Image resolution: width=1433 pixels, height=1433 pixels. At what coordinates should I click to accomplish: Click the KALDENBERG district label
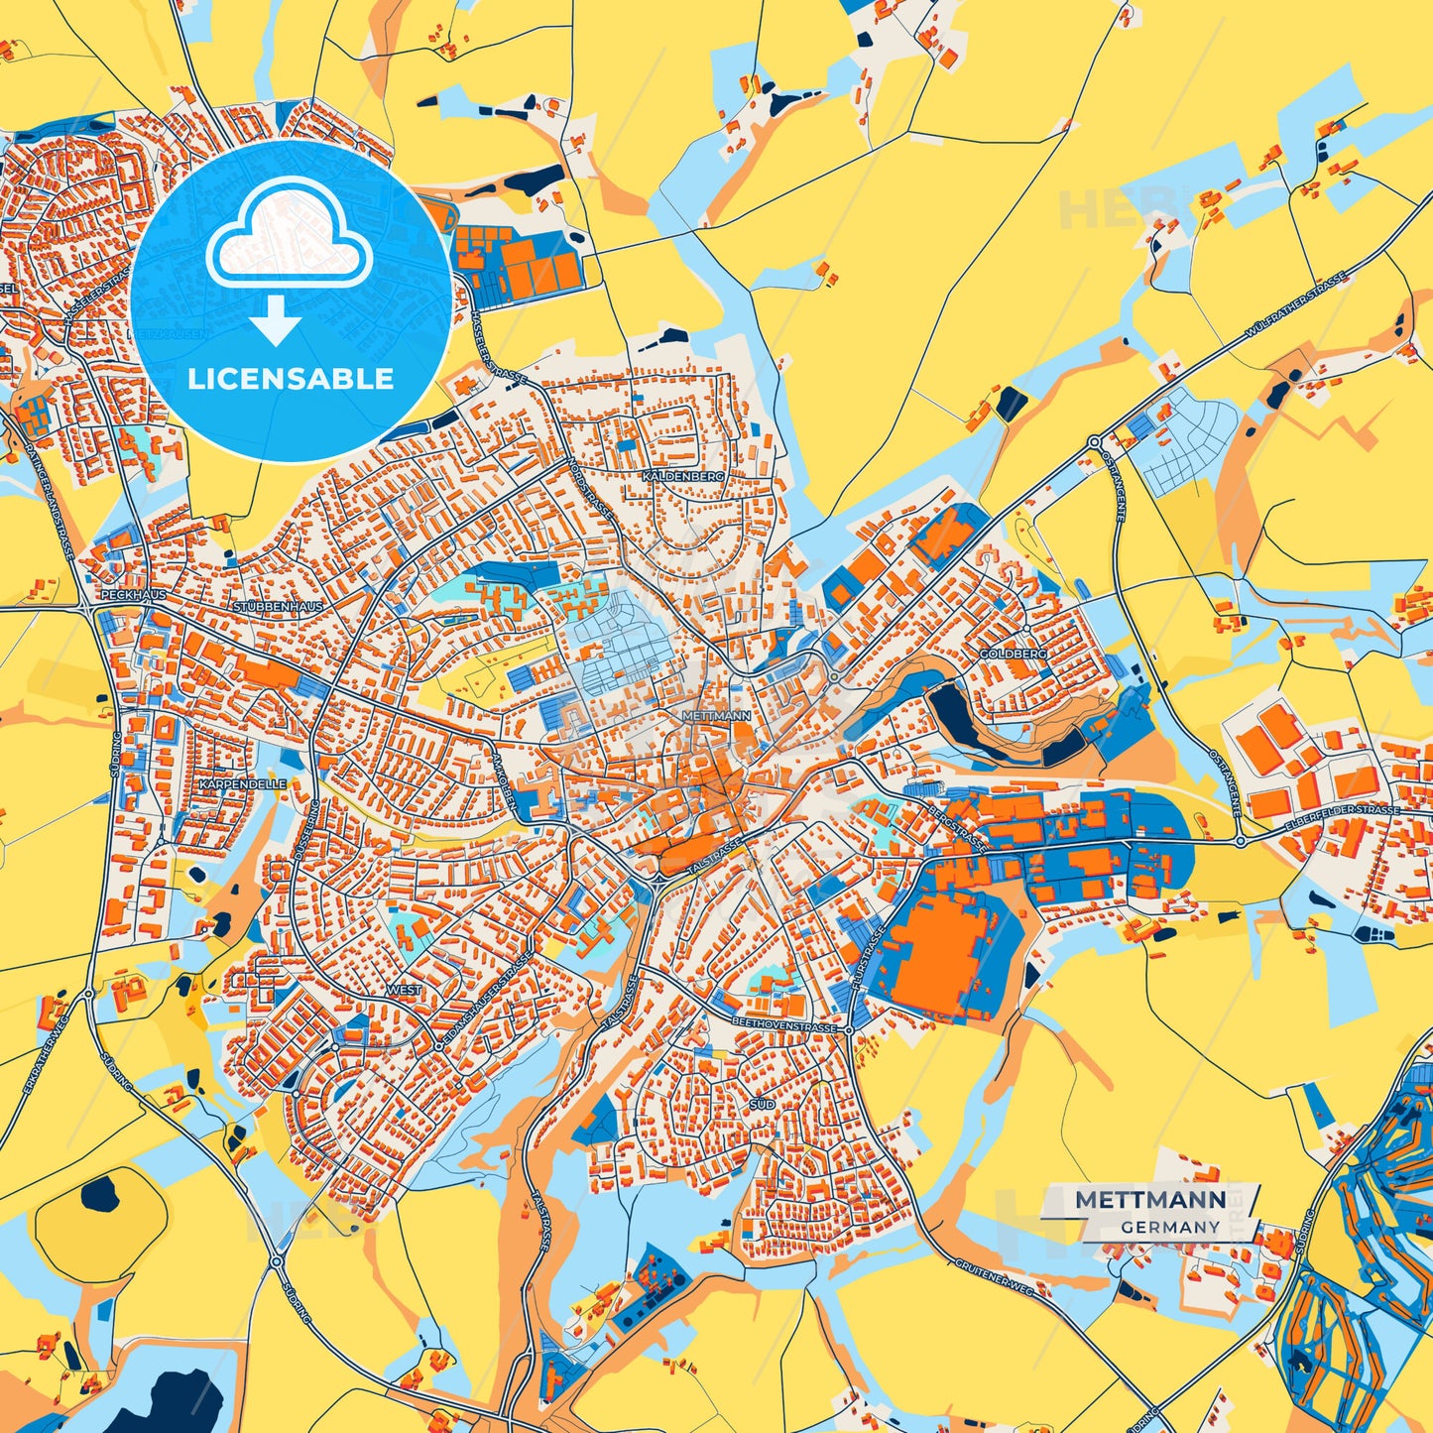coord(683,476)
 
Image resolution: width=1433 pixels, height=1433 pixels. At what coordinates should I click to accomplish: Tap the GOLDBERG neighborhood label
coord(1013,655)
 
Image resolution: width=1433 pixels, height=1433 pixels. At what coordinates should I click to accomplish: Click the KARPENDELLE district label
coord(243,783)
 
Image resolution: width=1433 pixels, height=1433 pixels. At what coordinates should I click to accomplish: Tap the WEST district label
coord(404,990)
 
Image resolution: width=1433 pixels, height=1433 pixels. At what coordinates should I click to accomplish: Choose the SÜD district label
coord(763,1104)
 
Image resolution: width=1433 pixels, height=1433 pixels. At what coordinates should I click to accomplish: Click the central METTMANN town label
coord(717,714)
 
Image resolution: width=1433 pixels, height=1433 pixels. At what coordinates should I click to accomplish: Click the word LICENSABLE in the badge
coord(291,379)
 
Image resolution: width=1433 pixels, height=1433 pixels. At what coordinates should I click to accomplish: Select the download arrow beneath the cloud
coord(276,319)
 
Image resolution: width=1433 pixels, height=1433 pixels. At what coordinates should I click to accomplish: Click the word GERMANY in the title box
coord(1170,1227)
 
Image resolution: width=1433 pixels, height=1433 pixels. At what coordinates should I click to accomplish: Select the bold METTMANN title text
coord(1150,1199)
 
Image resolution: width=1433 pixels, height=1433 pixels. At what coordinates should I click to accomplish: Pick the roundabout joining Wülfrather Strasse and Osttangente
coord(1094,442)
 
